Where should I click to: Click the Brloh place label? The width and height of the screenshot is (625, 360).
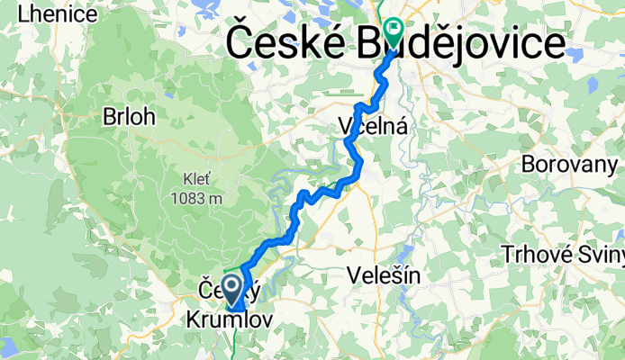click(x=129, y=117)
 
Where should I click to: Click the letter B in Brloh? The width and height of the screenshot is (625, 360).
click(x=109, y=117)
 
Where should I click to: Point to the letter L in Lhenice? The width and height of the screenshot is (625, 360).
click(x=10, y=13)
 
